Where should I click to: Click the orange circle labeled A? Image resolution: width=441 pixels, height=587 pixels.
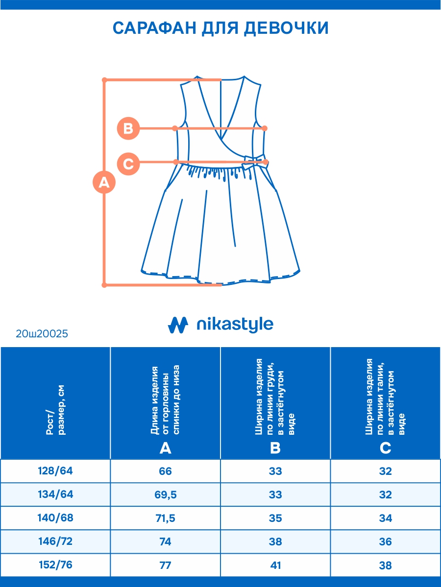click(x=104, y=183)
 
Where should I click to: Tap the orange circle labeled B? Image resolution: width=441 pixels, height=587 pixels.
click(x=128, y=129)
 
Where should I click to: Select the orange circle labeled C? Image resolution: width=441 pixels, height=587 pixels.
click(x=128, y=163)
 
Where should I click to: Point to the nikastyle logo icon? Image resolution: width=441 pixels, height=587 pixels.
click(x=178, y=325)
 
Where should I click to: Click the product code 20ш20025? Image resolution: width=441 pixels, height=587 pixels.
click(x=42, y=334)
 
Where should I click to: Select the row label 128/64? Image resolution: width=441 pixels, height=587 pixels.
click(x=55, y=471)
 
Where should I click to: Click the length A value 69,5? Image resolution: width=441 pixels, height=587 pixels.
click(x=166, y=495)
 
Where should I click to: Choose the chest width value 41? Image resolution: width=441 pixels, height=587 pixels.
click(x=275, y=565)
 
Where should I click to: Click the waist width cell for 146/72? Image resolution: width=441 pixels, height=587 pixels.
click(x=386, y=542)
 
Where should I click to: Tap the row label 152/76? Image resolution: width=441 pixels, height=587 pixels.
click(x=55, y=565)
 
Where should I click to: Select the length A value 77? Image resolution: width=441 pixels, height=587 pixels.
click(x=166, y=565)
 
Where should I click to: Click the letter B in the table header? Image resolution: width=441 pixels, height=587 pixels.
click(x=275, y=448)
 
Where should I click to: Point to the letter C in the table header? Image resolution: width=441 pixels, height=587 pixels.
click(x=386, y=448)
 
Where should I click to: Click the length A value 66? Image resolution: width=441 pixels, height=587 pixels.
click(x=166, y=471)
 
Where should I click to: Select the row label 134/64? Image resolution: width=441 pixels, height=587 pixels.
click(x=55, y=494)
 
